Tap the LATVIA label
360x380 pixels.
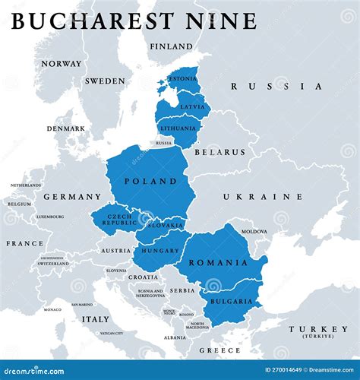pyautogui.click(x=193, y=106)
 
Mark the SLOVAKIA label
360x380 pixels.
pyautogui.click(x=166, y=225)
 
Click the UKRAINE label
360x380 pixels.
pyautogui.click(x=256, y=196)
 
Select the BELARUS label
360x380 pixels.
pyautogui.click(x=220, y=152)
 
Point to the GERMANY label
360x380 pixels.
pyautogui.click(x=71, y=196)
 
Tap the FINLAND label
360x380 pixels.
pyautogui.click(x=171, y=46)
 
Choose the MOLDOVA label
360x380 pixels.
pyautogui.click(x=254, y=231)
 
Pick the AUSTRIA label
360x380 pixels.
pyautogui.click(x=116, y=250)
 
